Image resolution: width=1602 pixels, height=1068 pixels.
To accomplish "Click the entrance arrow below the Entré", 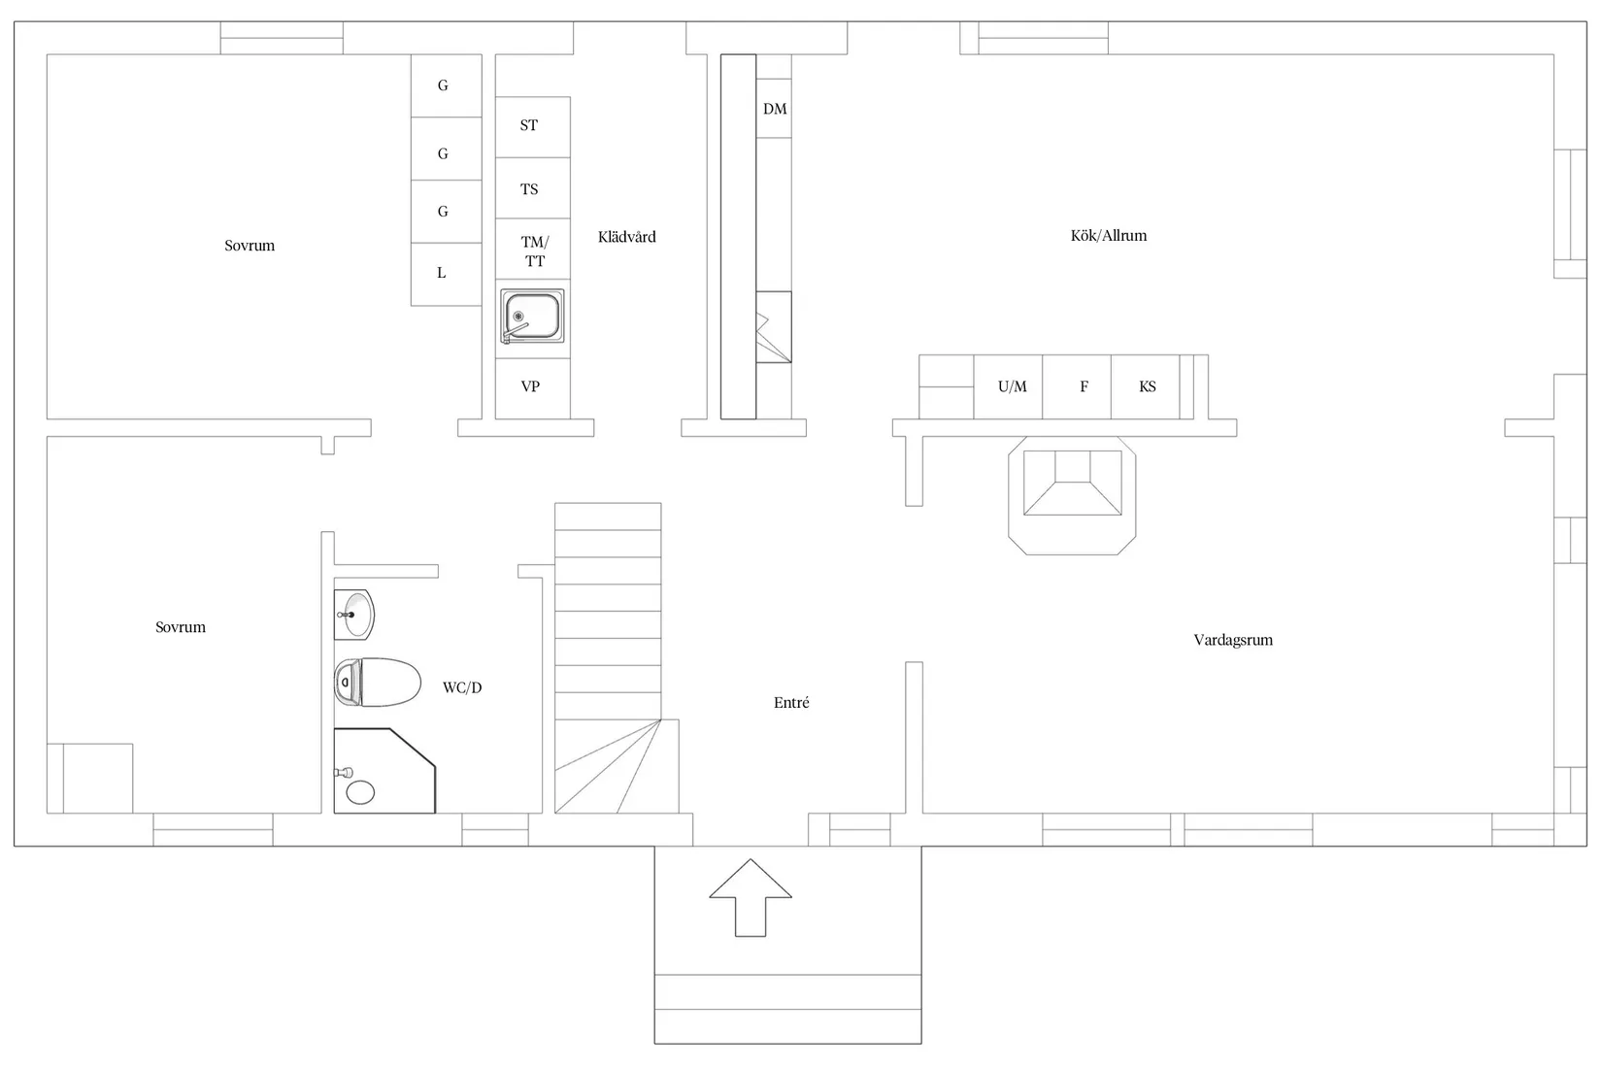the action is pos(751,897).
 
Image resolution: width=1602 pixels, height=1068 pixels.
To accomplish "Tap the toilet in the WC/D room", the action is pos(377,682).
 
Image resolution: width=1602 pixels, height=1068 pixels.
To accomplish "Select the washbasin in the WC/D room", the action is pos(354,615).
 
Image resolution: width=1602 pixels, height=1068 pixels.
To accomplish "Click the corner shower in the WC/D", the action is pos(384,771).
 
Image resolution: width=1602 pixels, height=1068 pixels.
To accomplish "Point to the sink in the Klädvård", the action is pos(532,317).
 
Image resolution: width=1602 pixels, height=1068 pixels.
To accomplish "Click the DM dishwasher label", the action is pos(775,109).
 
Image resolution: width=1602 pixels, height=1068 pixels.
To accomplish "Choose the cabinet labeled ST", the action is pos(533,126).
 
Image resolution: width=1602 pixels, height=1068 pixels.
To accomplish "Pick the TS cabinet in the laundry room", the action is pos(533,188).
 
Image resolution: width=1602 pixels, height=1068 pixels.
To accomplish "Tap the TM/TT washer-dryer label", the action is pos(535,251).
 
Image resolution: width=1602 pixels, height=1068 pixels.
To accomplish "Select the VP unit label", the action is pos(530,386).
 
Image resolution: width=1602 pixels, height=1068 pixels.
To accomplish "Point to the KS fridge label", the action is pos(1148,386).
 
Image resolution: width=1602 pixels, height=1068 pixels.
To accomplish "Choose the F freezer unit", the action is pos(1077,387).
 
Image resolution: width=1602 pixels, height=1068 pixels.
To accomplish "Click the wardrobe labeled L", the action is pos(447,275).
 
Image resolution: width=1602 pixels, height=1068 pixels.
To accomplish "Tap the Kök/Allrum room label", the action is pos(1109,235).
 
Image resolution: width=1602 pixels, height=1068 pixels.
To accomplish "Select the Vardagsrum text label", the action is pos(1233,640).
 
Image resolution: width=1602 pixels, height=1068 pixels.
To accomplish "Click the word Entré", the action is pos(791,703).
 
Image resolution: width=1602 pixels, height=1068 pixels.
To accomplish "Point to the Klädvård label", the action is pos(626,237).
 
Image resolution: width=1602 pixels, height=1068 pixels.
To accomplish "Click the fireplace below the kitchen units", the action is pos(1072,495).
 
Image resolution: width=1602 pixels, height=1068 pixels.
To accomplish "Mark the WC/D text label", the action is pos(462,687).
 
